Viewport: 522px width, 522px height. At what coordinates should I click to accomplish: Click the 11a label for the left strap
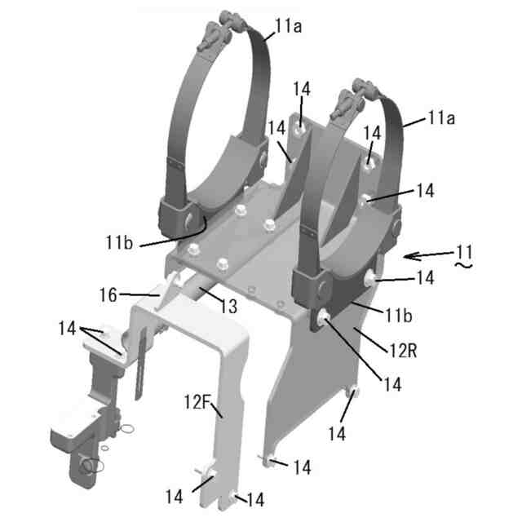287,25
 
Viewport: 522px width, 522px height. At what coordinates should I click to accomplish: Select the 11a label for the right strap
440,118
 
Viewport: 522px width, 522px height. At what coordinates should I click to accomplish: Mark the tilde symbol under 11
464,266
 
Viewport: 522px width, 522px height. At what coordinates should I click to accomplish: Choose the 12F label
198,401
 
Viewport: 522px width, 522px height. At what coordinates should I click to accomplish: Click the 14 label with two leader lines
71,327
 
